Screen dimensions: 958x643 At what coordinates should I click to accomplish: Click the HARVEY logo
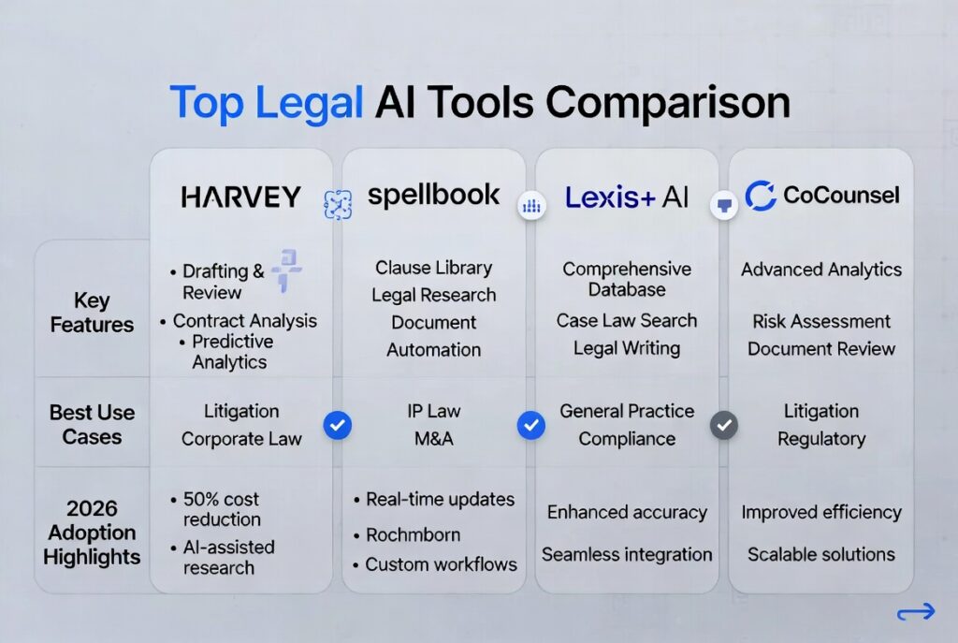coord(240,197)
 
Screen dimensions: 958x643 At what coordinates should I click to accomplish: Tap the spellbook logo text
coord(433,196)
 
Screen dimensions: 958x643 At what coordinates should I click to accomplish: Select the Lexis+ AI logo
coord(626,197)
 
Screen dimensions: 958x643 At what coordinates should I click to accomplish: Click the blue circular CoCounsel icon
coord(760,196)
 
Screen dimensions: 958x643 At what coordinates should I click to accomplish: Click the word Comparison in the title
coord(668,103)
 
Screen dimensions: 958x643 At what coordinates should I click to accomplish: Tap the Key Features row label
coord(92,313)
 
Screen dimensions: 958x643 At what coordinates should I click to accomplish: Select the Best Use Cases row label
coord(92,424)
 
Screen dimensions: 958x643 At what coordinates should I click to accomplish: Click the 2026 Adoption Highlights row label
coord(92,533)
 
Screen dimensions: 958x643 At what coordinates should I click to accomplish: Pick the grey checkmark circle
coord(724,425)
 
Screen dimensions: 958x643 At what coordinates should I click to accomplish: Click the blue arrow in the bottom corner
coord(916,611)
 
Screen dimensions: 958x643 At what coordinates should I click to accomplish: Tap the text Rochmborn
coord(413,534)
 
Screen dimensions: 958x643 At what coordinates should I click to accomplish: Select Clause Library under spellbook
coord(434,268)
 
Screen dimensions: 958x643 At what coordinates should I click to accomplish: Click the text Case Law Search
coord(627,320)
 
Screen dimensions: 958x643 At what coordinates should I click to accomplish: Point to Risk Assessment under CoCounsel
coord(821,321)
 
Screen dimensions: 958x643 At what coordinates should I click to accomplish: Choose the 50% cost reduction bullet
coord(222,509)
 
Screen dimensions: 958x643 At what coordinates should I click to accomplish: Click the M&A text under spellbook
coord(434,438)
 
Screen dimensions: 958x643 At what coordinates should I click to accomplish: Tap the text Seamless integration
coord(627,554)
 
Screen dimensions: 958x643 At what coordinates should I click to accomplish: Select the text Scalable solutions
coord(821,554)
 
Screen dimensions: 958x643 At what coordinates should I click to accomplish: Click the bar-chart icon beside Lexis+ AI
coord(531,205)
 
